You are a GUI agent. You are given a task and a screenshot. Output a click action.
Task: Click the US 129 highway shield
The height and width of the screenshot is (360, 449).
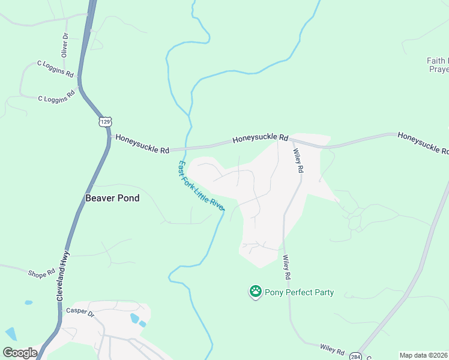[106, 122]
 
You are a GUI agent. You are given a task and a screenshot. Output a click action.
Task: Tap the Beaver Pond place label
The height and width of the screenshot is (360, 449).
[112, 198]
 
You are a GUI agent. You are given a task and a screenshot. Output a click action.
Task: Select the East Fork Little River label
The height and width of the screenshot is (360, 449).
[201, 185]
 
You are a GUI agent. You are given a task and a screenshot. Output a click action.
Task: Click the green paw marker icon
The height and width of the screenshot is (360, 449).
[255, 292]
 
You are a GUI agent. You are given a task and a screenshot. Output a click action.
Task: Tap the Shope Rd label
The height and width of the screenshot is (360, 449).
[41, 274]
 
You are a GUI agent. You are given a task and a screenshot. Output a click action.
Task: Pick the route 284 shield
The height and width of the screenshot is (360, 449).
[356, 355]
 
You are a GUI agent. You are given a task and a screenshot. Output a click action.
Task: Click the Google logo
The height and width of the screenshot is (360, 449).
[19, 353]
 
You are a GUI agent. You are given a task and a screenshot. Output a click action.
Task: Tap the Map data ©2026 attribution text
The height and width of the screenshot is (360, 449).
[424, 355]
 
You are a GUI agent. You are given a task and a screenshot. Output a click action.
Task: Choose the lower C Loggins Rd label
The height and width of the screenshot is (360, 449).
[56, 96]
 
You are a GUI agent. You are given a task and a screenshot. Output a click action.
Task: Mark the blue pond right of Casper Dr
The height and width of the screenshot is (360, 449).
[134, 318]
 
